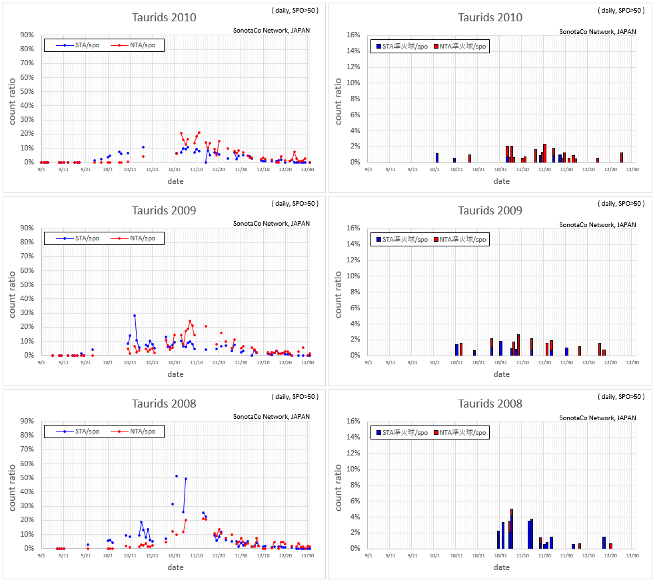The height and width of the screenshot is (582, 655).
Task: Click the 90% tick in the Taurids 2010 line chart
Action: coord(27,35)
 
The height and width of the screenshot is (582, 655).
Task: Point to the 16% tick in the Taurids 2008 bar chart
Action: coord(352,421)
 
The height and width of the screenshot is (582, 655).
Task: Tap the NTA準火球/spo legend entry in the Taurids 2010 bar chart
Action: coord(462,46)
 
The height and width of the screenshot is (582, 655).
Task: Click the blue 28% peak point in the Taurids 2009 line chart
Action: coord(134,316)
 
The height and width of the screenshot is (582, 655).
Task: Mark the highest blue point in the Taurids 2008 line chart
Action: coord(177,476)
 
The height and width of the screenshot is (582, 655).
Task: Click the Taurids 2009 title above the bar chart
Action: coord(490,210)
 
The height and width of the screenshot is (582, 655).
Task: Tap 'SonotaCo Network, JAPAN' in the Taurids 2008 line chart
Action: coord(271,418)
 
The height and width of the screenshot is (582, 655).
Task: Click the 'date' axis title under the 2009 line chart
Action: coord(175,374)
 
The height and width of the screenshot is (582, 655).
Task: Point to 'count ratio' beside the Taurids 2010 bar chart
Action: coord(338,101)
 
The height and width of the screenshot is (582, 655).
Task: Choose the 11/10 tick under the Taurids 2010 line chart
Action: coord(197,170)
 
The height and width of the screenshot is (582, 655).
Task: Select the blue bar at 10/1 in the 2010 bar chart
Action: coord(437,158)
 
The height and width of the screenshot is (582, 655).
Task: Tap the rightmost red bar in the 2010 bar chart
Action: coord(622,158)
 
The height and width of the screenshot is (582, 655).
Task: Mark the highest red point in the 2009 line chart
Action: coord(190,321)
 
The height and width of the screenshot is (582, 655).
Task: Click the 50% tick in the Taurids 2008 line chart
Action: coord(27,477)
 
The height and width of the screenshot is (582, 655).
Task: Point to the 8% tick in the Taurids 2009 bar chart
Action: coord(354,292)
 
